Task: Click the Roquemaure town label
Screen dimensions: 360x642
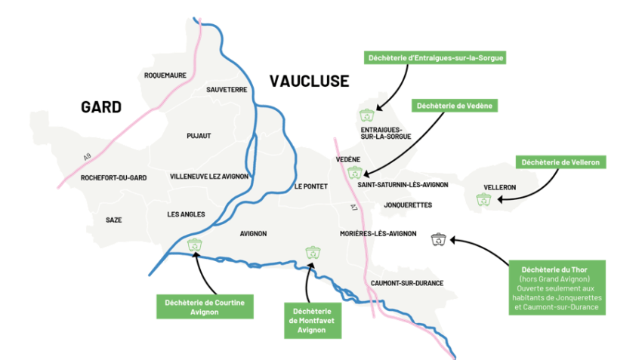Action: [x=165, y=75]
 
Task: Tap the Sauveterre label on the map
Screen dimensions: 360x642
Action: [x=227, y=89]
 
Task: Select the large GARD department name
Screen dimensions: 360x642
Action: [x=101, y=107]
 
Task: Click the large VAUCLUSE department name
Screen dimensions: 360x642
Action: [x=310, y=81]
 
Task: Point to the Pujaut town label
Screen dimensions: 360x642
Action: [x=199, y=136]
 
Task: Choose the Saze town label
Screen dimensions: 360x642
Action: [x=114, y=220]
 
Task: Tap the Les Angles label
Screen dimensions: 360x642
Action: [x=186, y=214]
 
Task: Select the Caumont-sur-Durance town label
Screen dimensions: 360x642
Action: [x=407, y=283]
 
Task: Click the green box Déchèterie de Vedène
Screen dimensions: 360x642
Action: [x=454, y=106]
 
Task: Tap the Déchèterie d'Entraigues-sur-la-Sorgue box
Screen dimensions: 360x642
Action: [x=434, y=57]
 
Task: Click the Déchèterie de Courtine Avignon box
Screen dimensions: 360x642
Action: [x=200, y=306]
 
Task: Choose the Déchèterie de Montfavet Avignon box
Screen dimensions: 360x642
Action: [x=311, y=320]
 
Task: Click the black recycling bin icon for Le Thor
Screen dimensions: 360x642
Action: [x=439, y=240]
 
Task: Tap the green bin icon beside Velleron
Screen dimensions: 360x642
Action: [x=483, y=199]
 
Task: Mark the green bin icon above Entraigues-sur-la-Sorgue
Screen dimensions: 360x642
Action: [x=366, y=115]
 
